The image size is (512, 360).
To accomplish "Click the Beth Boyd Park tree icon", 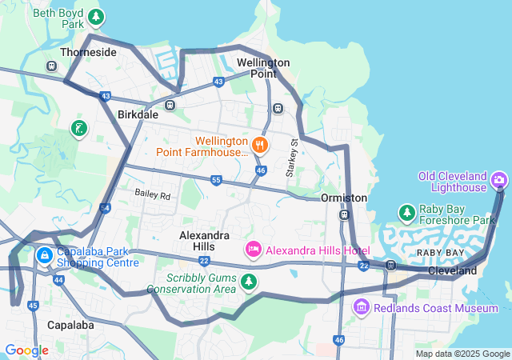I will click(x=96, y=16).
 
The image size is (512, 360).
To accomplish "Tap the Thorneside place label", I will click(x=88, y=52).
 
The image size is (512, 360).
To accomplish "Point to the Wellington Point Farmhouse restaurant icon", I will click(x=259, y=145).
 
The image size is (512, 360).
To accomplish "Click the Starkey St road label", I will click(x=293, y=158).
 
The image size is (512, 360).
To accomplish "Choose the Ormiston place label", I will click(x=343, y=198).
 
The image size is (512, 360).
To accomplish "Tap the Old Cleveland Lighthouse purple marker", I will click(x=500, y=180).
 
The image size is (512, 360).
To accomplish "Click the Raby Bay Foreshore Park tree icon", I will click(x=406, y=212).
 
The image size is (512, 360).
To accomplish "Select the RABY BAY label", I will click(x=439, y=253).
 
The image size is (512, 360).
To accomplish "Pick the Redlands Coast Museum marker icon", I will click(x=361, y=307).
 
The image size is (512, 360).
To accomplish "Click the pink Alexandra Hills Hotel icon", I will click(x=254, y=250).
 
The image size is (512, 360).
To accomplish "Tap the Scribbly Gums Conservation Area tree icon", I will click(x=249, y=281).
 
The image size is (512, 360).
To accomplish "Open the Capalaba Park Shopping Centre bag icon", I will click(x=45, y=256).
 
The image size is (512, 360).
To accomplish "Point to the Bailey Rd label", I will click(x=153, y=194).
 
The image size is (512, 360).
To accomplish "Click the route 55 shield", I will click(x=216, y=181).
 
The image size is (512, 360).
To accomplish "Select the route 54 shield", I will click(x=105, y=208).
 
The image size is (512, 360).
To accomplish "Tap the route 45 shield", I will click(x=33, y=305).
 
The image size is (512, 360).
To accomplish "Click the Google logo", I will click(x=26, y=350).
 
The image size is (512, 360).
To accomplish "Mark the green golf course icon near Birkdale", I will click(x=78, y=129).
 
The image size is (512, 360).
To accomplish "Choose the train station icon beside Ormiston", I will click(x=343, y=214).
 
